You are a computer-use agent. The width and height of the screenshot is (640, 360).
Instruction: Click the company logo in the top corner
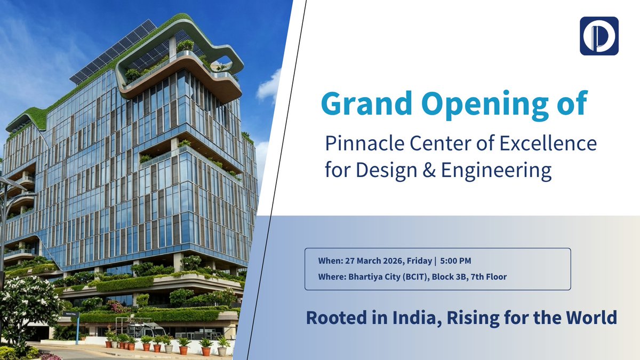(599, 36)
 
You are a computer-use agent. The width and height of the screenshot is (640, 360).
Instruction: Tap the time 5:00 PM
(455, 261)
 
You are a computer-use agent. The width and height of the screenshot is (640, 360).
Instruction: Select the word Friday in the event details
(421, 261)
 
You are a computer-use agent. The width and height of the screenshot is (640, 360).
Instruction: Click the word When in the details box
(327, 261)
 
